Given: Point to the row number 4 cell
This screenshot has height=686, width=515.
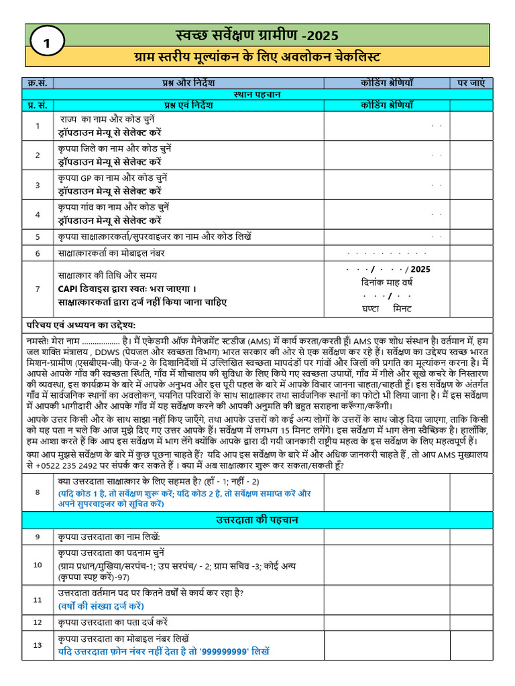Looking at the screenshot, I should [38, 214].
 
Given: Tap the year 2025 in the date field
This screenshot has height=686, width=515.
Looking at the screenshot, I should [420, 269].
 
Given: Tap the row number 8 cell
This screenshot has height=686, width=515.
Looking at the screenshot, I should [38, 492].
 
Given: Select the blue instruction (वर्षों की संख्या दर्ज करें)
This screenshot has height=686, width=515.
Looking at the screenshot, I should [101, 606].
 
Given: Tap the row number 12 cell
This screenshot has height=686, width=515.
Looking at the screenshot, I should [38, 622].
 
